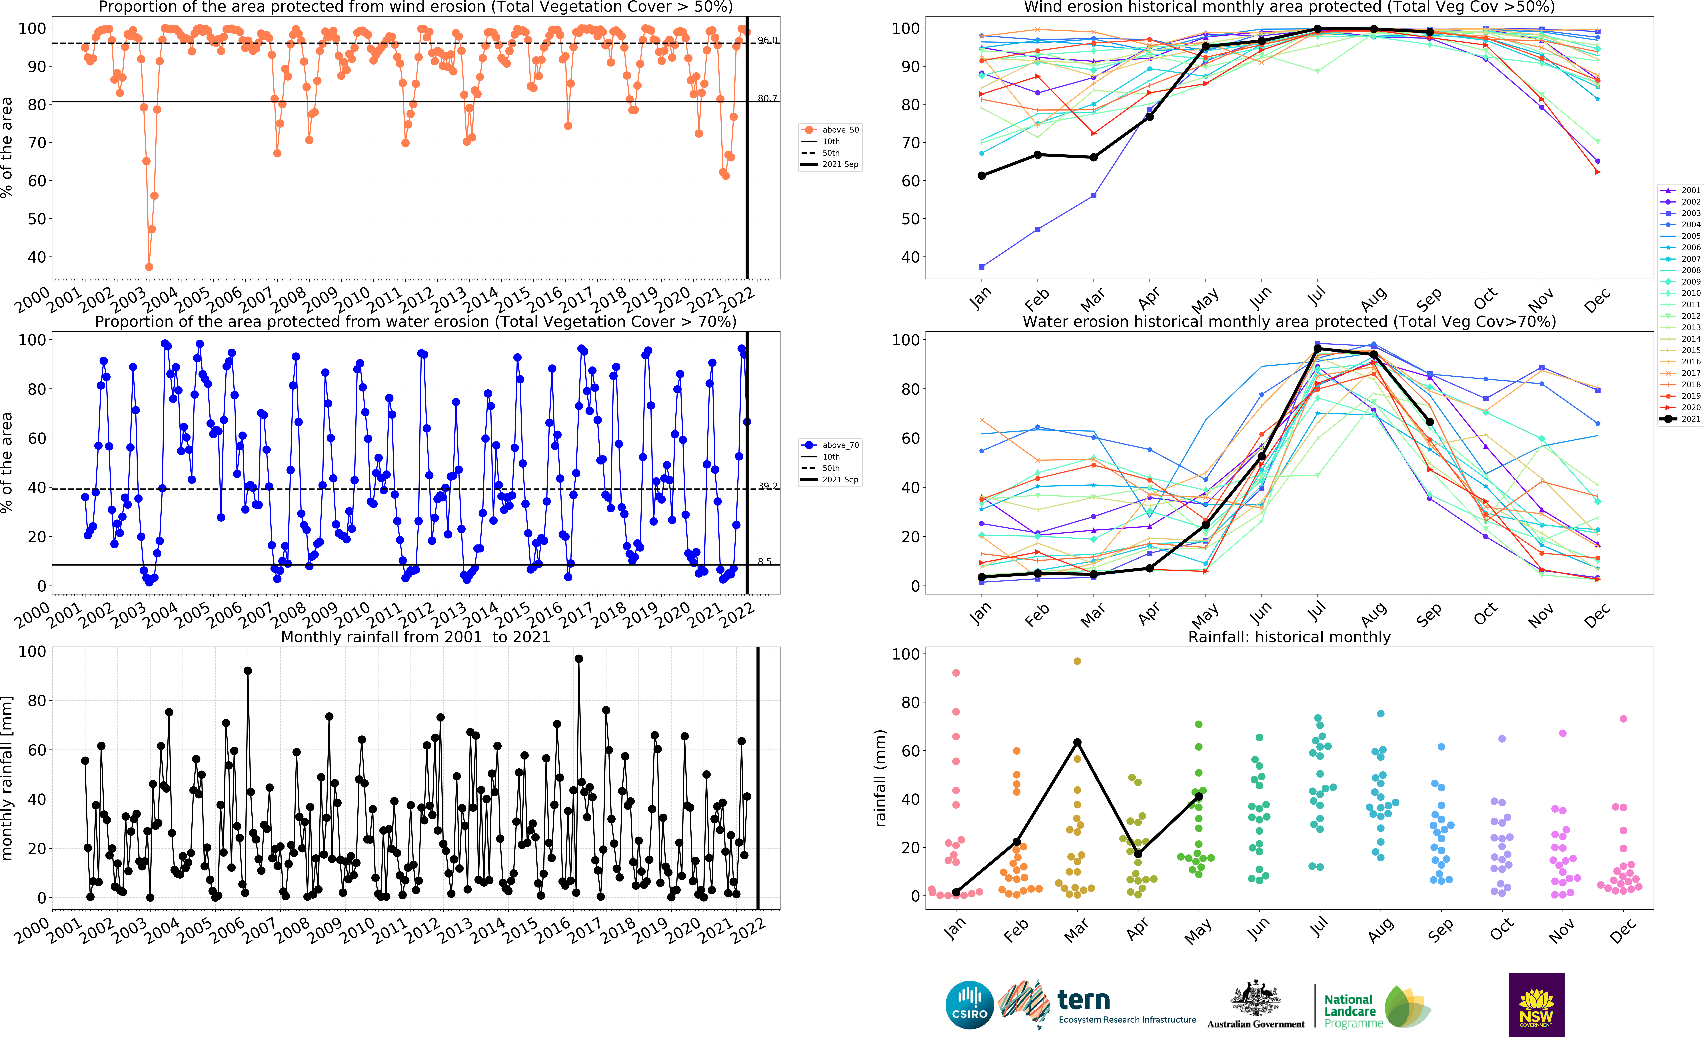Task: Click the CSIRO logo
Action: (x=969, y=1005)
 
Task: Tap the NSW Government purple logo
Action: (x=1536, y=1005)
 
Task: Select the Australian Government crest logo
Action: (x=1256, y=1005)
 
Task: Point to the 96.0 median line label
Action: (x=767, y=40)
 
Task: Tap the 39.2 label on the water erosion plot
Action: (x=767, y=486)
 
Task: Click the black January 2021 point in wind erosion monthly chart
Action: (x=981, y=176)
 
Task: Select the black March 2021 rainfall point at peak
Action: (x=1077, y=742)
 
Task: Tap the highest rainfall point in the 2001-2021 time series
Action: (x=578, y=658)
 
